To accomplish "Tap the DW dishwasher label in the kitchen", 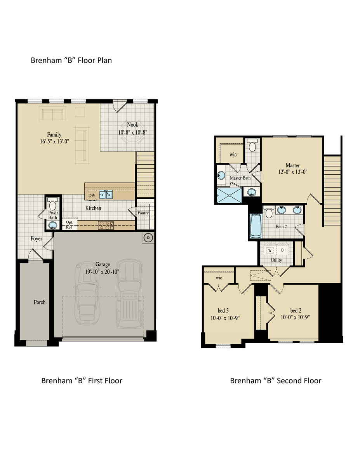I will coord(92,195).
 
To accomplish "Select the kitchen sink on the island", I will coord(106,194).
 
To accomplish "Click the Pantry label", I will coord(143,213).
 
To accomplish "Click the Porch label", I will coord(39,302).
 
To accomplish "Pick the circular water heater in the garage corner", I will coord(148,238).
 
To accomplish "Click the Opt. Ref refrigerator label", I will coord(70,224).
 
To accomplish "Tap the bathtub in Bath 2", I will coord(256,227).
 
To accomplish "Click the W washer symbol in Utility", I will coord(269,250).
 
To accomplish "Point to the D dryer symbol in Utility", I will coord(282,250).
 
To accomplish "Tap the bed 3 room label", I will coord(223,310).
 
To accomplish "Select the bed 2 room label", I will coord(296,310).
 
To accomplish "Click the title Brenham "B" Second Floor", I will coord(275,381).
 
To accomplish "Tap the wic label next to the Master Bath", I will coord(233,154).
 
